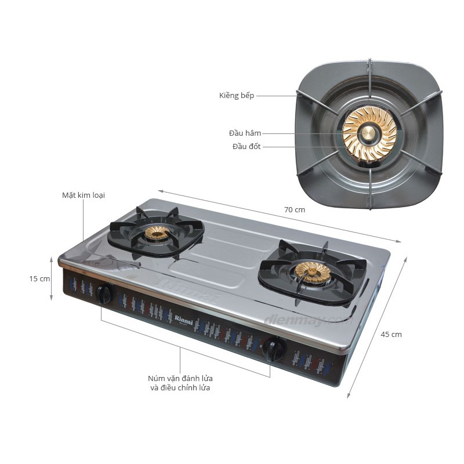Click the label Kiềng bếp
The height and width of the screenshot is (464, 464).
point(237,95)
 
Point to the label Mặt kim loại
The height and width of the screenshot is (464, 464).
point(84,195)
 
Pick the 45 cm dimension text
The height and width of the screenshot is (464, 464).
point(391,334)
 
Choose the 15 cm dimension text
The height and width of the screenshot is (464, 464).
point(40,278)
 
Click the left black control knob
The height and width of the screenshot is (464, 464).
point(104,294)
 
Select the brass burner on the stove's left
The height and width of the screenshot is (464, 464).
point(157,233)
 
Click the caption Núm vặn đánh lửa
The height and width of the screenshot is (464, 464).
point(180,378)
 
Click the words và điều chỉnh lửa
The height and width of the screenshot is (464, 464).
point(180,388)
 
